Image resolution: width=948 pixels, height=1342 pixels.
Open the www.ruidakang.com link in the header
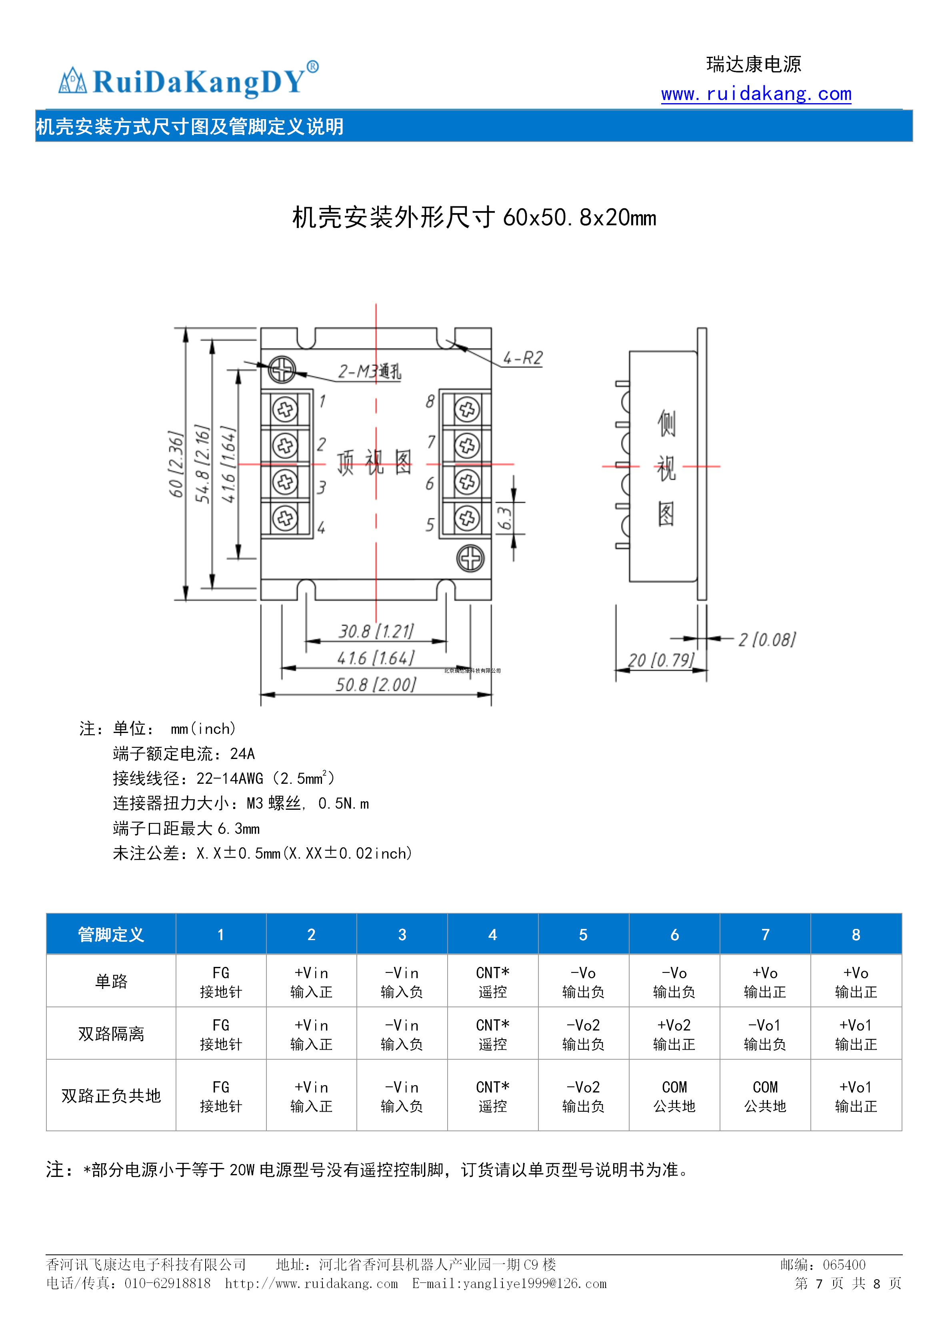click(x=756, y=94)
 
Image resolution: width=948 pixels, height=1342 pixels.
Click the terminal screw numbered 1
click(x=285, y=409)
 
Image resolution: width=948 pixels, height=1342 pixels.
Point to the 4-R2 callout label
click(x=523, y=358)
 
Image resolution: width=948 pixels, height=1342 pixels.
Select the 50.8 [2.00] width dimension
click(x=376, y=685)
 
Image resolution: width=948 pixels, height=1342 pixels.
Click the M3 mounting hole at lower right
click(x=470, y=558)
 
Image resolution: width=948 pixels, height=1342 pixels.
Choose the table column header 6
click(x=674, y=935)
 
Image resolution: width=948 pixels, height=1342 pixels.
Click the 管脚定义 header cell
click(x=111, y=935)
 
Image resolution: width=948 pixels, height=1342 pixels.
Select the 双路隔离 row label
click(x=111, y=1033)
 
